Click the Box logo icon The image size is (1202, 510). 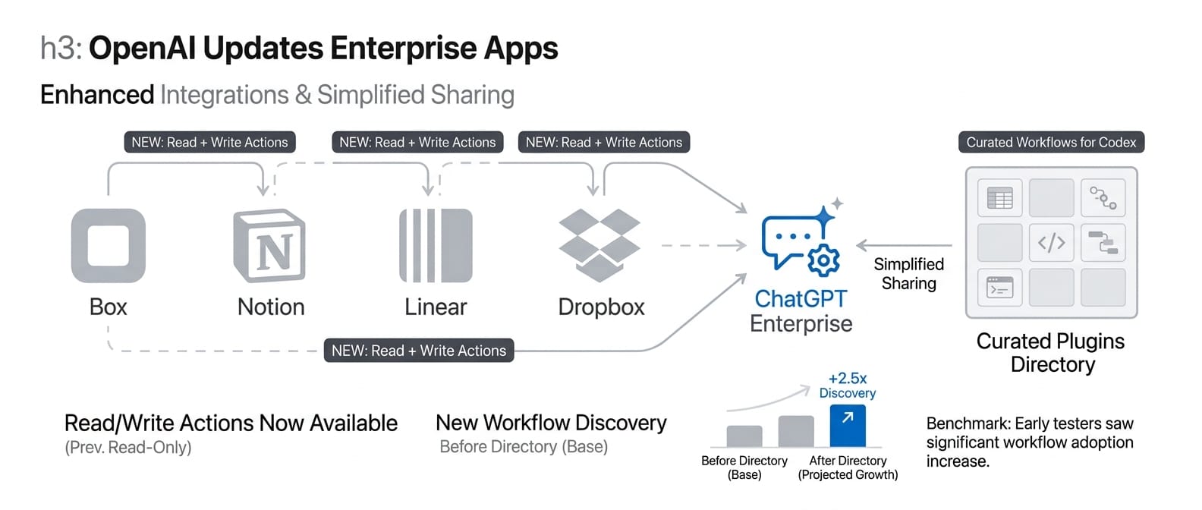(108, 246)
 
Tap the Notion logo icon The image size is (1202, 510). (269, 246)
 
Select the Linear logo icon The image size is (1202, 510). (436, 246)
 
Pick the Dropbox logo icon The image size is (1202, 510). (599, 244)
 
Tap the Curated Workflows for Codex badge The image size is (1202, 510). (1051, 142)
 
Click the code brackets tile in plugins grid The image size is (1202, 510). (1051, 243)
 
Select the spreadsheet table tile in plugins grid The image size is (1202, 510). (999, 199)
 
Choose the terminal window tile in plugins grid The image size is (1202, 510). (999, 288)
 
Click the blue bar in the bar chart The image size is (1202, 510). (848, 426)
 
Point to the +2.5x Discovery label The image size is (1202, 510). (848, 385)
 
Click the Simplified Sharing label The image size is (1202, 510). (908, 274)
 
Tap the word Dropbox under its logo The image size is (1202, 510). (601, 307)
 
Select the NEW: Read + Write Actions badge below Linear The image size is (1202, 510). (419, 351)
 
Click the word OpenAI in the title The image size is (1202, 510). (142, 48)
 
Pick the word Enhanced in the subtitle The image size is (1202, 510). (97, 95)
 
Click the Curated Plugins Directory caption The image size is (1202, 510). (1051, 353)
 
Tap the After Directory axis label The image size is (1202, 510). (848, 461)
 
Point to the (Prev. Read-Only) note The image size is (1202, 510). (128, 447)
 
